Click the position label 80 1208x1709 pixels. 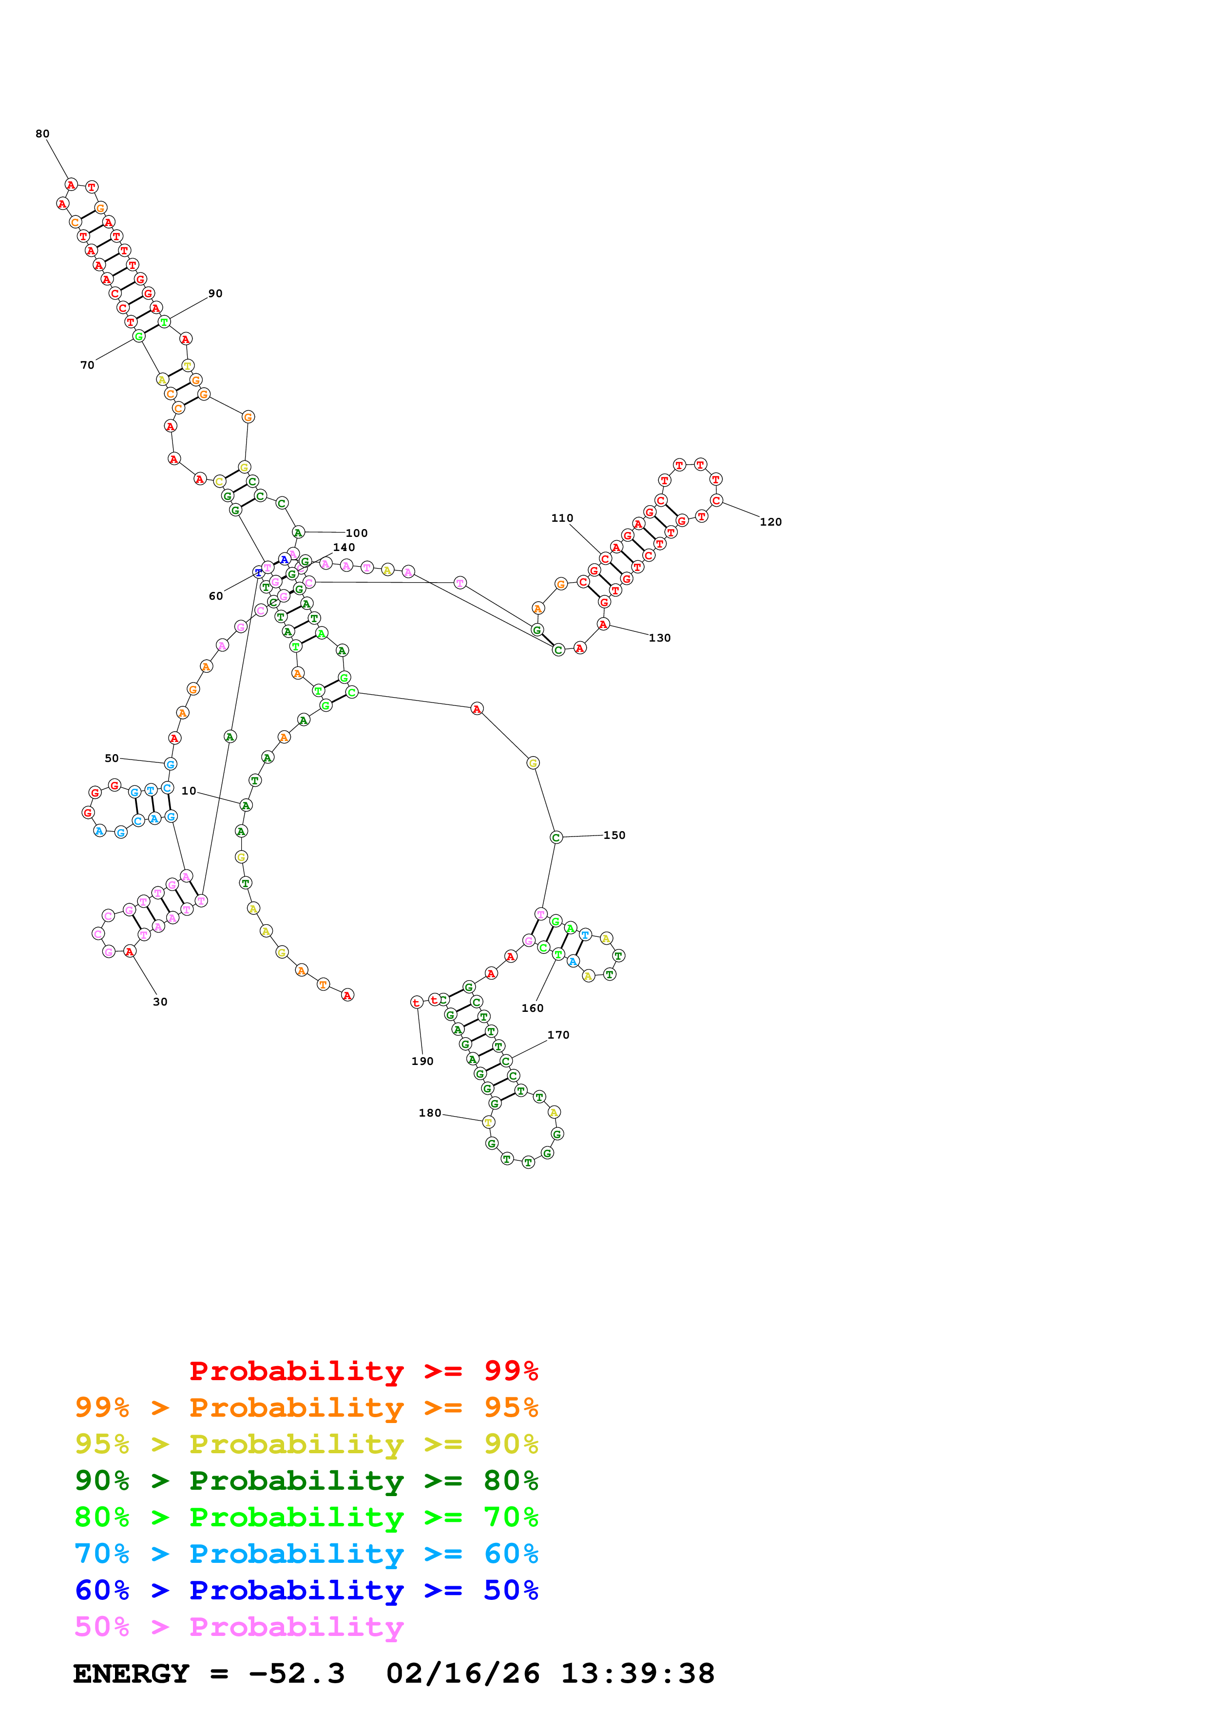pos(42,134)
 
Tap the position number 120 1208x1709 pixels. pos(770,522)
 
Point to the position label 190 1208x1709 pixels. pos(422,1062)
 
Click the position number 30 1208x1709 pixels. pos(160,1002)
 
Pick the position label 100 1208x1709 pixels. pos(357,533)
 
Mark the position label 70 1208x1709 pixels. pos(87,365)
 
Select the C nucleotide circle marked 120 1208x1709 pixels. pos(716,500)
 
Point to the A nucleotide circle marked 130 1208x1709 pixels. pos(604,624)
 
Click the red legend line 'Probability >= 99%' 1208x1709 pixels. pos(364,1370)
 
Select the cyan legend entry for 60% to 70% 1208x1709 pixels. pos(307,1554)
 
